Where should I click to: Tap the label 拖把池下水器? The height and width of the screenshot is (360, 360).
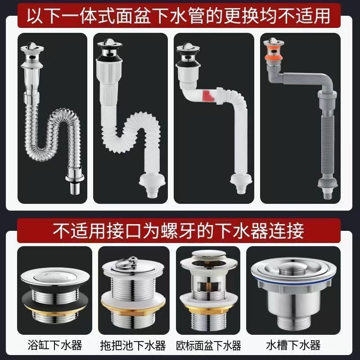(133, 346)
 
